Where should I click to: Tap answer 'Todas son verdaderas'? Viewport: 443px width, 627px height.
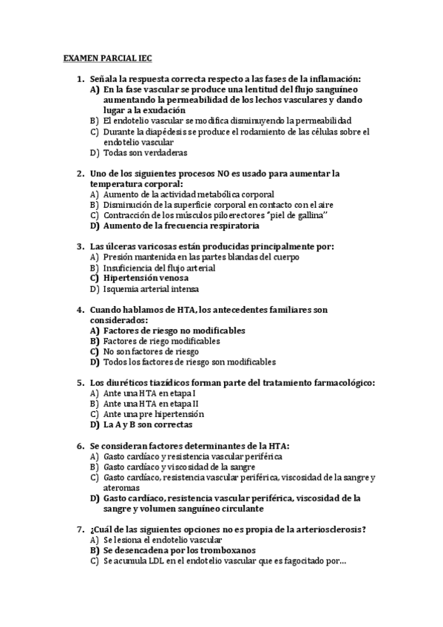(146, 152)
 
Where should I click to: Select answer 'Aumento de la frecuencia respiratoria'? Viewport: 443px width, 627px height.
(181, 226)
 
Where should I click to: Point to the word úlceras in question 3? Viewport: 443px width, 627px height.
(121, 246)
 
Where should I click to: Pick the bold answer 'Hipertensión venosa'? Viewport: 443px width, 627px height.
(151, 278)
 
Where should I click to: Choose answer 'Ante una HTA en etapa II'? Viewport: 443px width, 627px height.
(151, 404)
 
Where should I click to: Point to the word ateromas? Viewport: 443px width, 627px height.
(122, 488)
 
